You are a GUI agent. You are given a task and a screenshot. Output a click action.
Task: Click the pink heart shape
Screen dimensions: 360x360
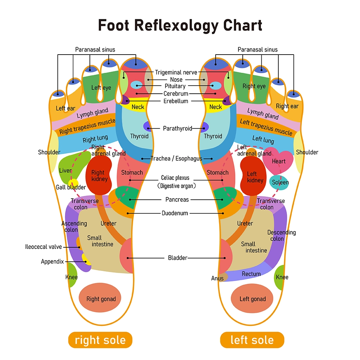[278, 161]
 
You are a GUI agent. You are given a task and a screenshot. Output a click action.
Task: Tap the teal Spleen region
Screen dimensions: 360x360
[279, 183]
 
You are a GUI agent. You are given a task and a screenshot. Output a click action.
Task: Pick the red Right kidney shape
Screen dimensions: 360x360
[98, 176]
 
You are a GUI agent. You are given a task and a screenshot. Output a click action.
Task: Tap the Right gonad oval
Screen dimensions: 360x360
[101, 298]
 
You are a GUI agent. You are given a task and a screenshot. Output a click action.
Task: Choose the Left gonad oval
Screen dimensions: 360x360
[252, 298]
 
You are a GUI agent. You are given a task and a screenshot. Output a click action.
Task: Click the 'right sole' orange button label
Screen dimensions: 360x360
[100, 340]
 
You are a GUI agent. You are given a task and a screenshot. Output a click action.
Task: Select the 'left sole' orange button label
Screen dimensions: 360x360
[252, 340]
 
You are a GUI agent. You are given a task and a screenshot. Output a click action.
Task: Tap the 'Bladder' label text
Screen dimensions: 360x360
[177, 258]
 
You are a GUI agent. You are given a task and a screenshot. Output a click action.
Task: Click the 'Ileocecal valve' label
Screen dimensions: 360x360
[43, 247]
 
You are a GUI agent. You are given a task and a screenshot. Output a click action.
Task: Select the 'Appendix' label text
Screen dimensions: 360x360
[52, 262]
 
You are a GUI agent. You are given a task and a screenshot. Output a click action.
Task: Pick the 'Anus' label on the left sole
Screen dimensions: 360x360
[217, 278]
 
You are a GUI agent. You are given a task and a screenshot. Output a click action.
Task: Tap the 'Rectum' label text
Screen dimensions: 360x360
[251, 274]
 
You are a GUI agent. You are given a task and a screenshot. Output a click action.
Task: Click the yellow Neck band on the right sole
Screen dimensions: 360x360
[137, 107]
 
